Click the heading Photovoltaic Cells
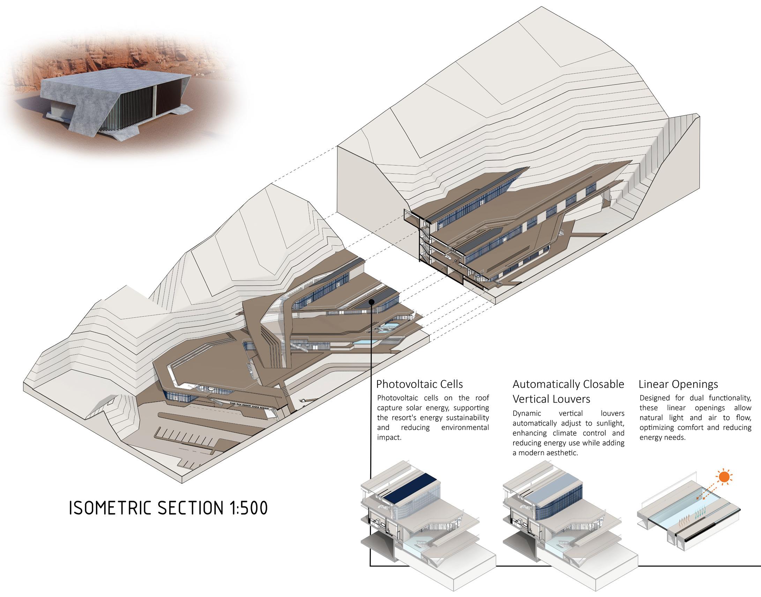(419, 384)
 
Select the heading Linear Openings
(678, 384)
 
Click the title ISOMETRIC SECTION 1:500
(168, 508)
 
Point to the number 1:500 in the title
(248, 508)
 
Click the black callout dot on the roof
(372, 302)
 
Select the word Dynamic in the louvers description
(527, 413)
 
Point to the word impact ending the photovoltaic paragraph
(389, 437)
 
